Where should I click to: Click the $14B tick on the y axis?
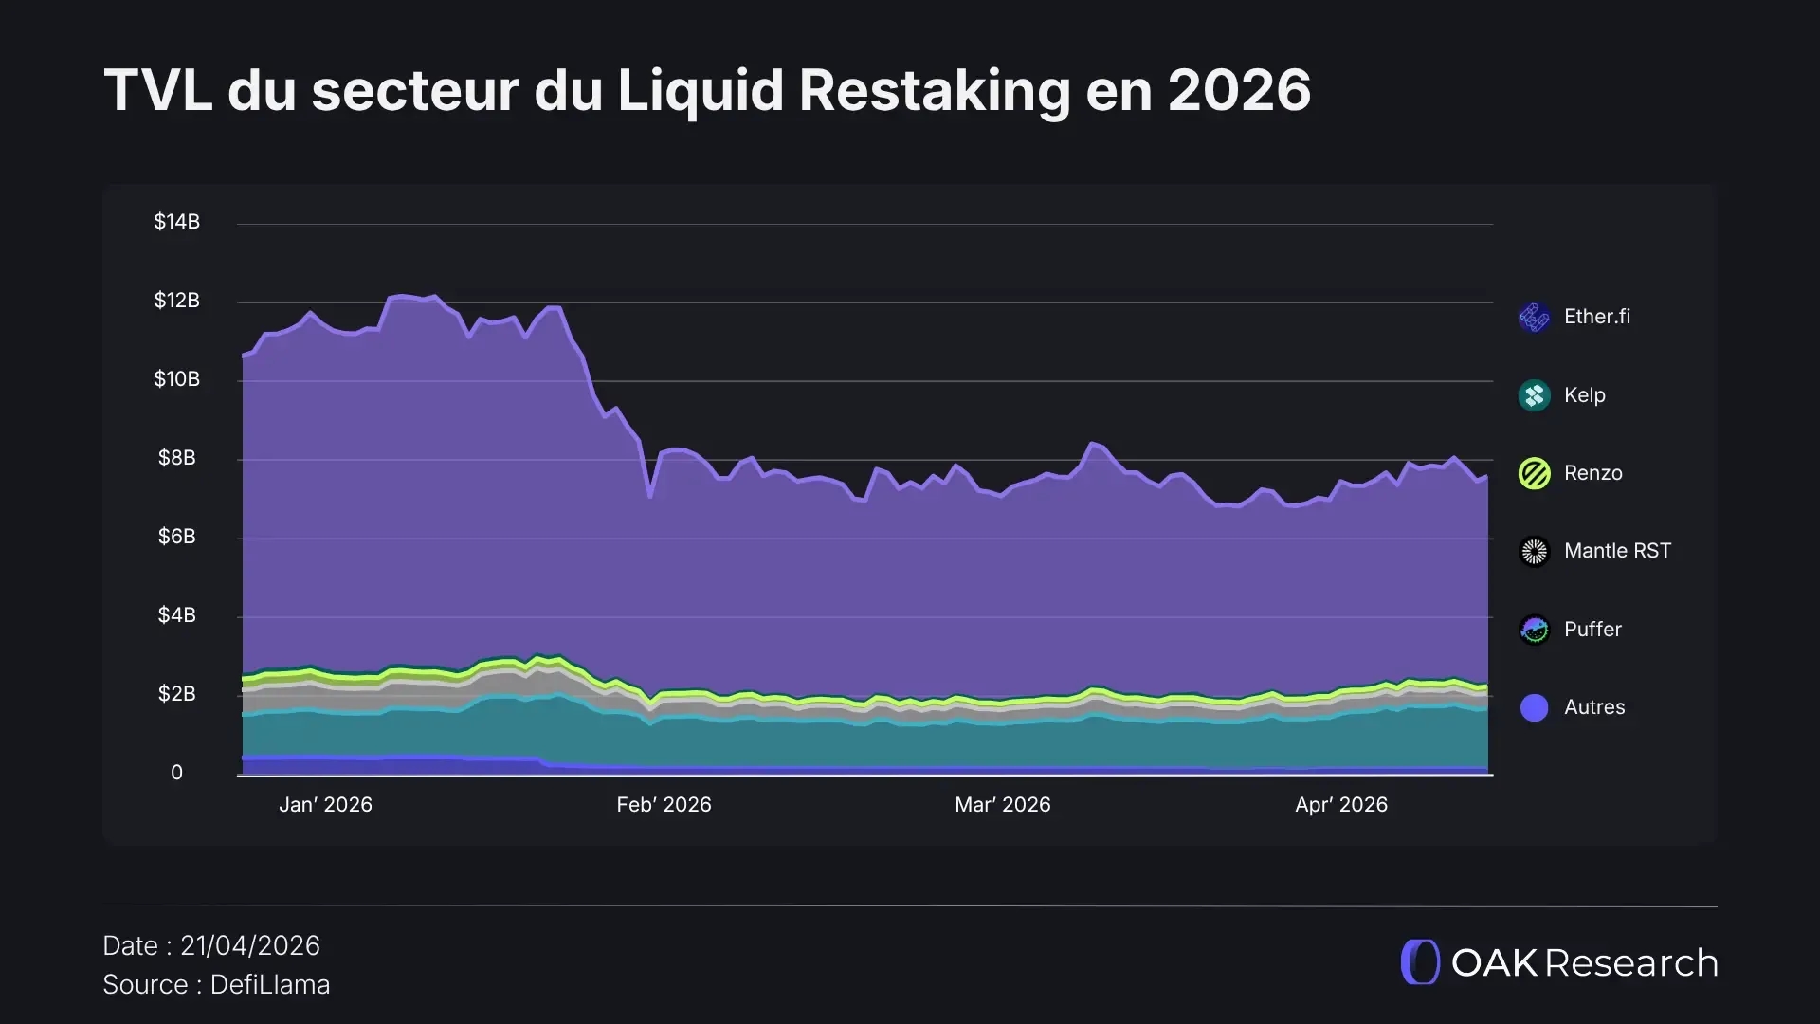[176, 222]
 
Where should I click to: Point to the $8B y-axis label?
[176, 458]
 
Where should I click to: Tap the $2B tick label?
[176, 694]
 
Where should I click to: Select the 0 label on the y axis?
[176, 773]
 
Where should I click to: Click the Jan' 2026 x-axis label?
[325, 805]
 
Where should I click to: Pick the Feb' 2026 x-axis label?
[664, 805]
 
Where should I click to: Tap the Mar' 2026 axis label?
[1002, 805]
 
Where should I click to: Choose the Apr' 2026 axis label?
[1340, 805]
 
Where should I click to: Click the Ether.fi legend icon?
[1534, 317]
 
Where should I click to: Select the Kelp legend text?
[1584, 395]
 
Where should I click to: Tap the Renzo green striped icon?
[1534, 473]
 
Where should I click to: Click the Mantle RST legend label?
[1617, 551]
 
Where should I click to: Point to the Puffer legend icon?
[1534, 630]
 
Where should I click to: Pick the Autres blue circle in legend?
[1534, 707]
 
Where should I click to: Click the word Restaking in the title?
[934, 91]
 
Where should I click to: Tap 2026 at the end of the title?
[1239, 91]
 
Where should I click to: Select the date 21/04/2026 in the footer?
[250, 945]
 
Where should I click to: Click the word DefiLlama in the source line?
[270, 985]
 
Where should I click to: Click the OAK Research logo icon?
[1420, 962]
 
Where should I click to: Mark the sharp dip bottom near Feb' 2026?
[650, 495]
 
